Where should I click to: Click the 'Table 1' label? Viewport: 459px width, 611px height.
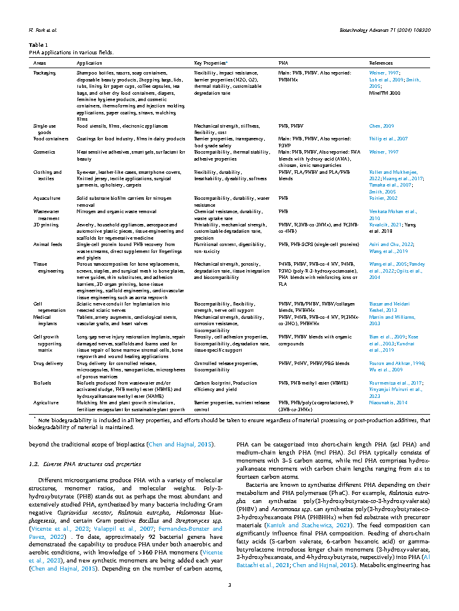[x=36, y=44]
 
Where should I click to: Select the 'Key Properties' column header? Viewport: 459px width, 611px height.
[x=210, y=63]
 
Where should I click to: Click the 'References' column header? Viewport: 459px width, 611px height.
[x=380, y=63]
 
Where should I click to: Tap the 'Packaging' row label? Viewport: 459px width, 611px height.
[x=45, y=73]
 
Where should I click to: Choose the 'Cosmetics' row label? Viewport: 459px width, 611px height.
[x=45, y=152]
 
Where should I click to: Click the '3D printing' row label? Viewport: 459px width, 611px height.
[x=45, y=224]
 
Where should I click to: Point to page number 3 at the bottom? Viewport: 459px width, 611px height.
[x=229, y=586]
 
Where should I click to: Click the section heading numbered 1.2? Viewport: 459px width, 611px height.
[x=69, y=464]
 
